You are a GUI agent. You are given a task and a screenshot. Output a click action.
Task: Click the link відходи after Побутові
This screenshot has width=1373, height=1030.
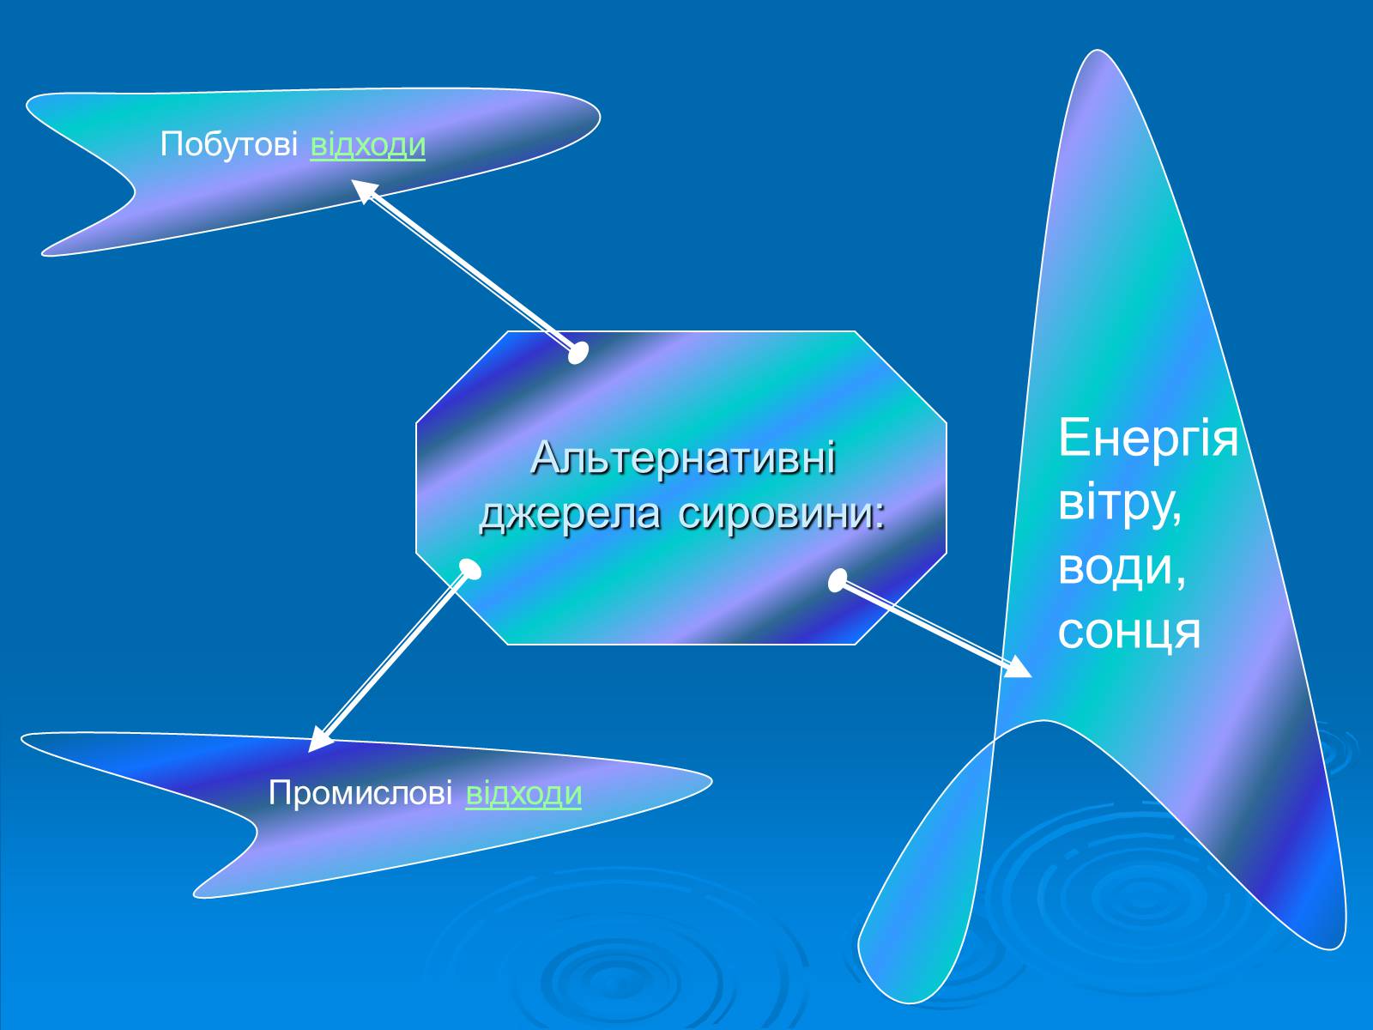(367, 145)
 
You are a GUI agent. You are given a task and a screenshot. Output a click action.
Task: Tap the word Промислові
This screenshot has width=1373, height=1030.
(360, 793)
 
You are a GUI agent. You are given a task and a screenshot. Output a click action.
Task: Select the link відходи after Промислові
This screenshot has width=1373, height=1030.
(523, 793)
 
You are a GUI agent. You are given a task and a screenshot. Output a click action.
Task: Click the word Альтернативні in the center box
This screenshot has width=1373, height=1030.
(683, 458)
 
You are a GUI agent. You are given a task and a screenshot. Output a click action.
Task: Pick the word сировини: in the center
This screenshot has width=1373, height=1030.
(780, 514)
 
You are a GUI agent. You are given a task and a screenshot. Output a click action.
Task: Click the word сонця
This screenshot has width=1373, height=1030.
(1128, 632)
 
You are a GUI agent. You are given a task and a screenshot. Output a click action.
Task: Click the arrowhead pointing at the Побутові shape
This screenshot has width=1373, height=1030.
(364, 190)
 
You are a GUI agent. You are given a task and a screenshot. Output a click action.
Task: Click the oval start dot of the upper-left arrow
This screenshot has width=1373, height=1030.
(578, 352)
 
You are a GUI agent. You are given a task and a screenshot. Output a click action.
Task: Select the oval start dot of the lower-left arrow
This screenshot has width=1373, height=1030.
(469, 570)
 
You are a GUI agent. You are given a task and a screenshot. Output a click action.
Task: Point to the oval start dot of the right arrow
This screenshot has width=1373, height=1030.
(838, 580)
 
